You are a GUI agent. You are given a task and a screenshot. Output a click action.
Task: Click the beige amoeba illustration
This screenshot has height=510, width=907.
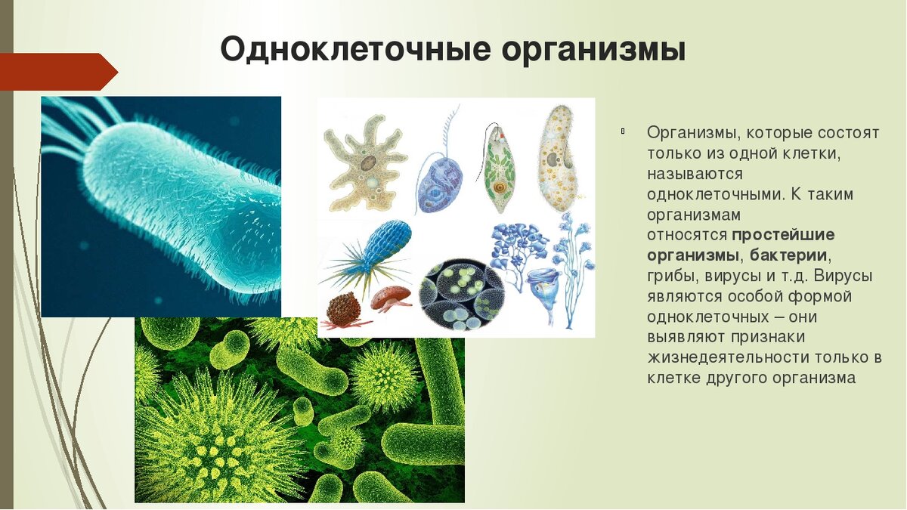(365, 161)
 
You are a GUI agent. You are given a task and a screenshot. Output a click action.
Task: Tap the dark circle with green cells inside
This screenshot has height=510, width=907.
(461, 295)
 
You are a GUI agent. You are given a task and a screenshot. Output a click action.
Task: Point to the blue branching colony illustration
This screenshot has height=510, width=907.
(522, 249)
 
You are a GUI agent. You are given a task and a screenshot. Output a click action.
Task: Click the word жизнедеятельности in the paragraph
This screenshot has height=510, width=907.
(723, 357)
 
